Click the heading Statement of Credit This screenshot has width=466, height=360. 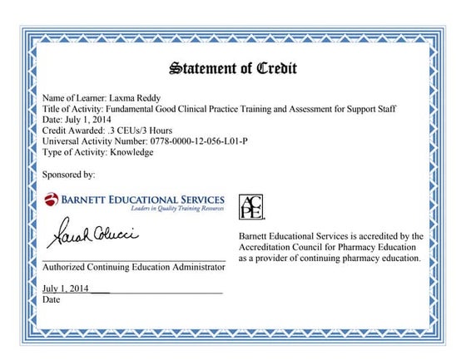point(232,67)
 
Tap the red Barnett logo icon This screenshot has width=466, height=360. point(52,200)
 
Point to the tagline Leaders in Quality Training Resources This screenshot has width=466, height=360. point(171,210)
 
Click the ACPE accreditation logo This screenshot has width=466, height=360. point(250,207)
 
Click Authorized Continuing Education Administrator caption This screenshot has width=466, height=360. point(133,267)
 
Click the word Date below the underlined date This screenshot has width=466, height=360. point(51,299)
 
